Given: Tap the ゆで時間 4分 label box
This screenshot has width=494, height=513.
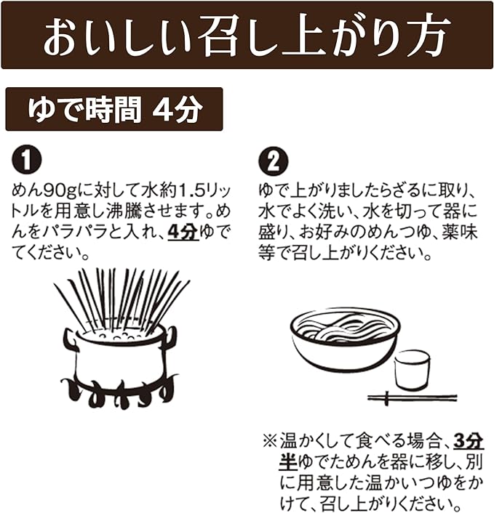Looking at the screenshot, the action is [114, 109].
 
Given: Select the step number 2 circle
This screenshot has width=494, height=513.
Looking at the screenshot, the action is [274, 161].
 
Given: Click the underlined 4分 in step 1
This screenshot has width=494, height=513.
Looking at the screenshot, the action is [183, 233].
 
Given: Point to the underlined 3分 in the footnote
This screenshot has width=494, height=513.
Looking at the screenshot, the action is [469, 442].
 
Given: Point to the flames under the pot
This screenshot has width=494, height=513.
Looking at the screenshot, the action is [118, 392].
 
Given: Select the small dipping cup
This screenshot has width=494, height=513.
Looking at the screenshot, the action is [412, 370].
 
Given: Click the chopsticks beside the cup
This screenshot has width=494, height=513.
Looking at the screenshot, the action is [412, 398].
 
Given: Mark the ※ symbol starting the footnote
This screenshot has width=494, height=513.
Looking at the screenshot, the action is [270, 442].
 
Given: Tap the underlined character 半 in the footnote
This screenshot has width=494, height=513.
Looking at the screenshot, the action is [288, 462].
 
